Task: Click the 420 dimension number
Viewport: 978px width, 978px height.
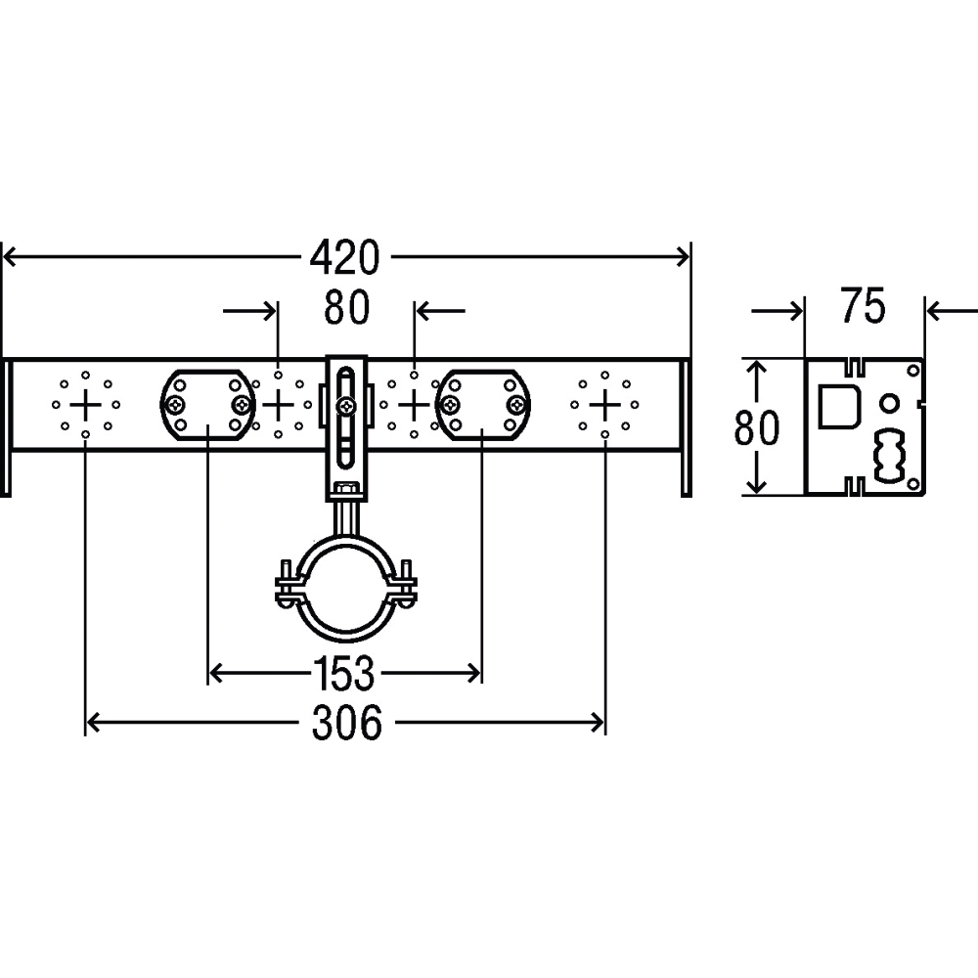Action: coord(345,257)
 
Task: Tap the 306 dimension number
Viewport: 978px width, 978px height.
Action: coord(347,724)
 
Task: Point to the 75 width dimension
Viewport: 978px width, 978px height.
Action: coord(863,305)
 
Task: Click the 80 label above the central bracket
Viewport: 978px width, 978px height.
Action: coord(347,307)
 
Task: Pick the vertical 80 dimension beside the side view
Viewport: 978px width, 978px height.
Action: coord(757,428)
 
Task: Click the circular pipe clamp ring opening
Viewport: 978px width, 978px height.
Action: coord(346,590)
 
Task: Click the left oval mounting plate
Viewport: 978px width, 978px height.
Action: coord(207,406)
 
